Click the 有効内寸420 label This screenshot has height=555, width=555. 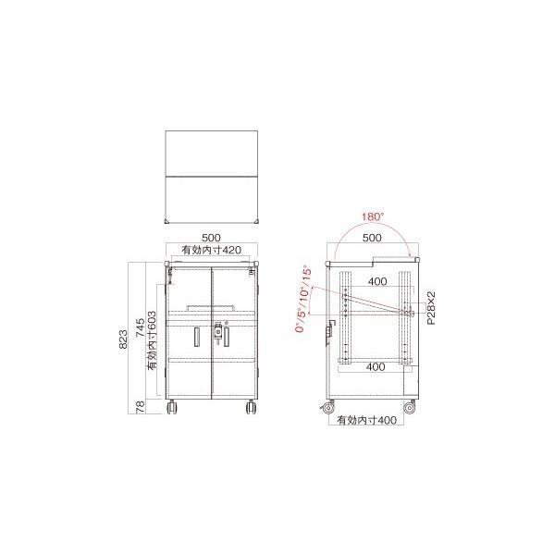(x=211, y=250)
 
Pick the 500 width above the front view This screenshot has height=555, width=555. (x=211, y=237)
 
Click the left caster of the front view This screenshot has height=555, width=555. (x=173, y=407)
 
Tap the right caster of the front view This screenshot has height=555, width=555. (x=250, y=407)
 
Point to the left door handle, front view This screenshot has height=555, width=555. (x=197, y=338)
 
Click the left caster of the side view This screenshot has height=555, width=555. (x=328, y=406)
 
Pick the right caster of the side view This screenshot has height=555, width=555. (x=410, y=406)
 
